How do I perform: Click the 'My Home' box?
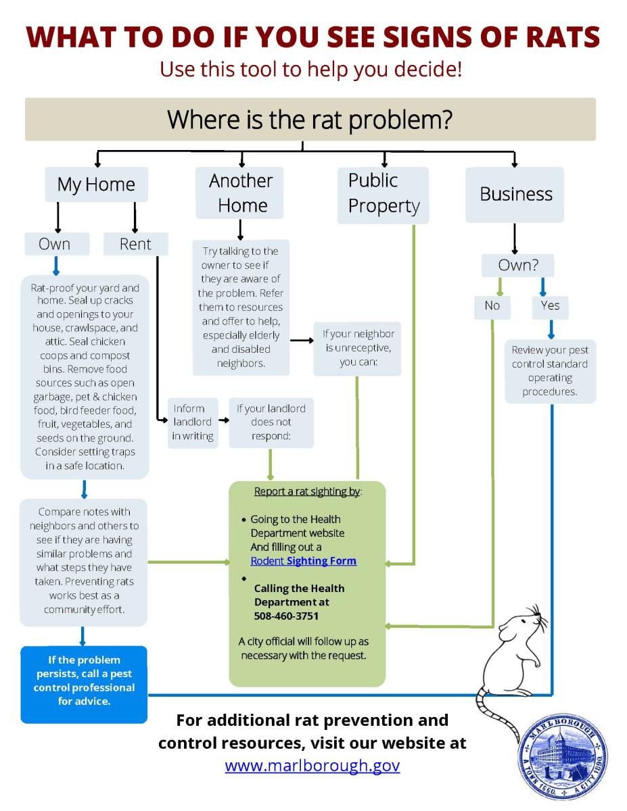coord(96,185)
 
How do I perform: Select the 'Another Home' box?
coord(241,193)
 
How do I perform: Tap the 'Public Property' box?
coord(384,194)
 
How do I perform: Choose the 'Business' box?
coord(515,195)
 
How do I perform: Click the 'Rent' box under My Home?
coord(135,244)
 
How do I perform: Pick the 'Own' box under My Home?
coord(55,244)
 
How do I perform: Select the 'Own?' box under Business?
coord(518,265)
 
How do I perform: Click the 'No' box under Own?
coord(492,305)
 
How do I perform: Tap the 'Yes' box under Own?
coord(550,305)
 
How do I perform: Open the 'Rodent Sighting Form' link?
coord(303,561)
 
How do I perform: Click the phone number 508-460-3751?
coord(286,616)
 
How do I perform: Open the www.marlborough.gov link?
coord(312,765)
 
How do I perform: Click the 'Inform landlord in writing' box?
coord(193,422)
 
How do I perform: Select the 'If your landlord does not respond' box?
coord(271,422)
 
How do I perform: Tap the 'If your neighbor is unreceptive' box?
coord(358,348)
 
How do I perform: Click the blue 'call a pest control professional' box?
coord(84,683)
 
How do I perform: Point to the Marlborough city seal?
coord(562,756)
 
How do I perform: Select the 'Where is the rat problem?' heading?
coord(310,119)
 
